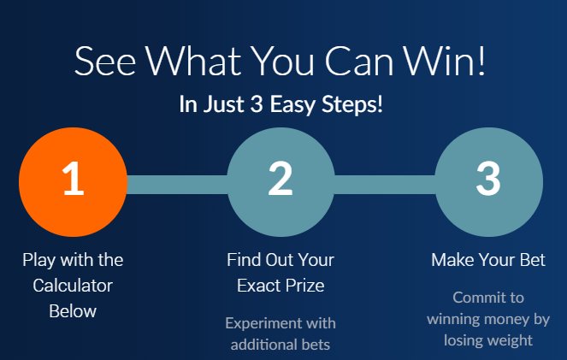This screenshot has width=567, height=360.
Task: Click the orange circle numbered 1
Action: tap(73, 182)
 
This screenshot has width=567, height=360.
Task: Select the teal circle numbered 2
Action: tap(281, 182)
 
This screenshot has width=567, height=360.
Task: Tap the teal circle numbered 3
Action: tap(488, 182)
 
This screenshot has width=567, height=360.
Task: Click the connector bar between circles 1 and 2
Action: tap(177, 185)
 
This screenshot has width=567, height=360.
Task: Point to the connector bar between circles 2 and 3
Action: tap(385, 185)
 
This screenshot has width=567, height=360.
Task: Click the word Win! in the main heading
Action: tap(444, 61)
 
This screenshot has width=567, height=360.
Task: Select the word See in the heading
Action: tap(105, 62)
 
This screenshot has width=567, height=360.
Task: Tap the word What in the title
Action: tap(193, 61)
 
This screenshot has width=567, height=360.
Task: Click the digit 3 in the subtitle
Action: tap(257, 104)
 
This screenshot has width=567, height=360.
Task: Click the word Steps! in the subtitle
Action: tap(352, 105)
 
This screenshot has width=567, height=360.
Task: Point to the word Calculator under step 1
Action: tap(73, 286)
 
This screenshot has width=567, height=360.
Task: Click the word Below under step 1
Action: tap(73, 311)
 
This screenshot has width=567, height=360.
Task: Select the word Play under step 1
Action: tap(39, 261)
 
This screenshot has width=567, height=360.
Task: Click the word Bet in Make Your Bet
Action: tap(532, 260)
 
